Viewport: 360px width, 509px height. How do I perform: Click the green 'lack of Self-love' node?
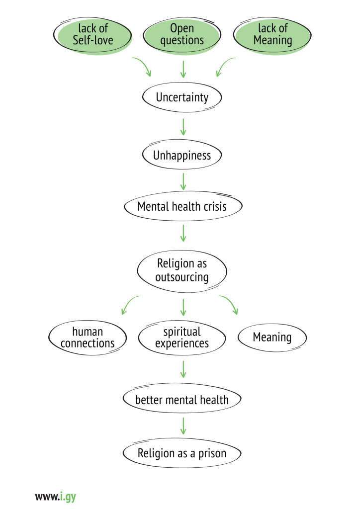[x=93, y=34]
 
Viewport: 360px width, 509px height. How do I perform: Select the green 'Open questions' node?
[x=182, y=34]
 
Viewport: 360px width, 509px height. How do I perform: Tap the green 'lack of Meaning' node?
[x=272, y=34]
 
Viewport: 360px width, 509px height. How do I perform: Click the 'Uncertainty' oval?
[x=182, y=97]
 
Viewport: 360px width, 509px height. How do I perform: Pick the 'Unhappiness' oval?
[x=182, y=156]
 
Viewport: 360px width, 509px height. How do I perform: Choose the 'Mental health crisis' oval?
[x=182, y=206]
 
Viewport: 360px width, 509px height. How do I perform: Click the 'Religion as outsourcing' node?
[x=182, y=270]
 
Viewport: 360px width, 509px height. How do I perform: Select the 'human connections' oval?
[x=88, y=338]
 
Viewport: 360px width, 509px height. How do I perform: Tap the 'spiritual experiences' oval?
[x=182, y=338]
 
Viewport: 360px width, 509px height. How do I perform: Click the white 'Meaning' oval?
[x=272, y=338]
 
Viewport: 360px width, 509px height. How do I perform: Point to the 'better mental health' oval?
[x=182, y=399]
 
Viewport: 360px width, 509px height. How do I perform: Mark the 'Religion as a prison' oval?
[x=182, y=453]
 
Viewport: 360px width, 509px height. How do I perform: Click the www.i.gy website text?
[x=55, y=496]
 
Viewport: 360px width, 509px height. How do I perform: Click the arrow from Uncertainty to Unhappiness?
[x=183, y=127]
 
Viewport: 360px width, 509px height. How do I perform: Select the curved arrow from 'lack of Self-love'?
[x=142, y=66]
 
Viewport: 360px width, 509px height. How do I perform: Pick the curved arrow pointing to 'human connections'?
[x=130, y=304]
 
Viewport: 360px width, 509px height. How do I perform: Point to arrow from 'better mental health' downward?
[x=183, y=426]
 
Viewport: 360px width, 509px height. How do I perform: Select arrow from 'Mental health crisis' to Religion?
[x=183, y=233]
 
